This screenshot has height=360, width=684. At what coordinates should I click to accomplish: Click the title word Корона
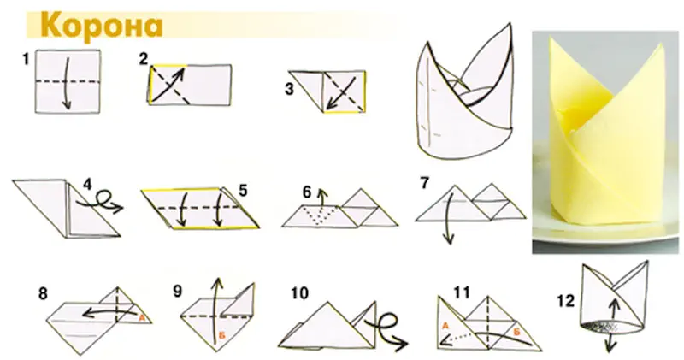coord(101,27)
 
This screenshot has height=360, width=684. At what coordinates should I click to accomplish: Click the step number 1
coord(27,59)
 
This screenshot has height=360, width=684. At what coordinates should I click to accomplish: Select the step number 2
coord(144,58)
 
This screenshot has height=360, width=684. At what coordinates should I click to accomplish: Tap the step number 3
coord(289,89)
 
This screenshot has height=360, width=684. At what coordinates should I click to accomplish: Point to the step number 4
coord(88,184)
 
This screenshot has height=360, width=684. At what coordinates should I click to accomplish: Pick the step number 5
coord(243,190)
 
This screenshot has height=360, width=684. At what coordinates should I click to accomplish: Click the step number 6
coord(307,192)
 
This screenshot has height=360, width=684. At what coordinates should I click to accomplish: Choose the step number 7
coord(424,183)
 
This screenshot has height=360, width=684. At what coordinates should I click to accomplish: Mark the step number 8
coord(43,293)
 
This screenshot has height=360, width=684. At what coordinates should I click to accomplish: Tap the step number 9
coord(177,291)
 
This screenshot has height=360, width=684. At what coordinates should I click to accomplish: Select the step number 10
coord(299,292)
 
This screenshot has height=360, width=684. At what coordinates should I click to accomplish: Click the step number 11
coord(462,292)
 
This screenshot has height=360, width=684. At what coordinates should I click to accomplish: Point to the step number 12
coord(566,301)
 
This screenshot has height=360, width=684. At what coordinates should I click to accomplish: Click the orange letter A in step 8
coord(141,318)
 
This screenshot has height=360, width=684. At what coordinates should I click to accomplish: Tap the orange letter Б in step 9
coord(221,335)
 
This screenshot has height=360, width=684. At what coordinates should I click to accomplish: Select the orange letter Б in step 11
coord(517,332)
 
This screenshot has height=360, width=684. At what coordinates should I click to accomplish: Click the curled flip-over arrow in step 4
coord(101,202)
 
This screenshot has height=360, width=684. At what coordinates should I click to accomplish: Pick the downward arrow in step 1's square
coord(67,83)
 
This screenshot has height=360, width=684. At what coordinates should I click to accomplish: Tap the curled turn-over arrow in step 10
coord(387,328)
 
